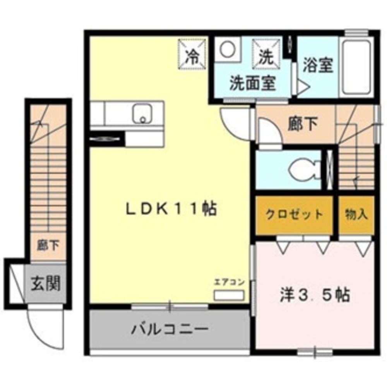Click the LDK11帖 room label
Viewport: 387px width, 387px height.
[x=171, y=209]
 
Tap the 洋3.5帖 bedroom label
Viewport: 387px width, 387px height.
[x=315, y=295]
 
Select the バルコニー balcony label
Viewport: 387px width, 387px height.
[x=170, y=329]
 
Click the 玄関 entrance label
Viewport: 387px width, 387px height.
[x=46, y=283]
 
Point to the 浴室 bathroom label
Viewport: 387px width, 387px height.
[x=318, y=65]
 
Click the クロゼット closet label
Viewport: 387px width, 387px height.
[x=294, y=214]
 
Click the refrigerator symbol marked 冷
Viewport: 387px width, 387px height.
[x=192, y=54]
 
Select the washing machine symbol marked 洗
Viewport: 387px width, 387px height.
[x=267, y=54]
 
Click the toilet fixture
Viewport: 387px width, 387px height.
[x=305, y=170]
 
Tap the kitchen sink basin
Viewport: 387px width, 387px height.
[x=143, y=114]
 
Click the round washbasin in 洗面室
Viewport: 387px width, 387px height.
[x=227, y=49]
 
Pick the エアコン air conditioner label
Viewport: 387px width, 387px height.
[x=229, y=282]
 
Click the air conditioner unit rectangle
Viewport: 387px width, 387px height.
[x=229, y=295]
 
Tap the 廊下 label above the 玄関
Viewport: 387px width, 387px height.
[x=48, y=246]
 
